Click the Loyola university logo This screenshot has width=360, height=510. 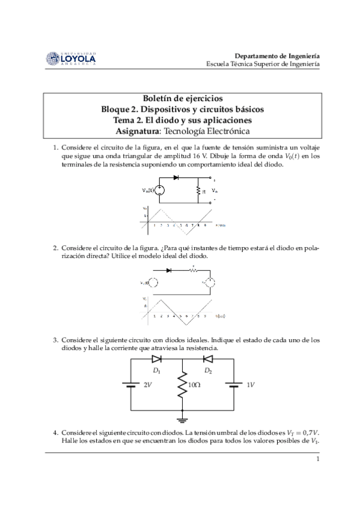pyautogui.click(x=70, y=58)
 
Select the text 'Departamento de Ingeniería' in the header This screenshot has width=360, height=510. pyautogui.click(x=276, y=54)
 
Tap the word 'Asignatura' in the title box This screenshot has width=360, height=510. pyautogui.click(x=139, y=131)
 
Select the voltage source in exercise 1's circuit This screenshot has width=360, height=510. pyautogui.click(x=160, y=191)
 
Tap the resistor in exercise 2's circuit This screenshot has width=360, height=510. pyautogui.click(x=194, y=270)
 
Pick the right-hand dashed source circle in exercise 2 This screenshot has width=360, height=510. pyautogui.click(x=210, y=283)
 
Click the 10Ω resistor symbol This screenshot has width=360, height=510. pyautogui.click(x=182, y=386)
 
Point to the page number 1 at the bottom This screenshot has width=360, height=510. pyautogui.click(x=317, y=460)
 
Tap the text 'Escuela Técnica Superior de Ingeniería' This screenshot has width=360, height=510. pyautogui.click(x=263, y=63)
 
